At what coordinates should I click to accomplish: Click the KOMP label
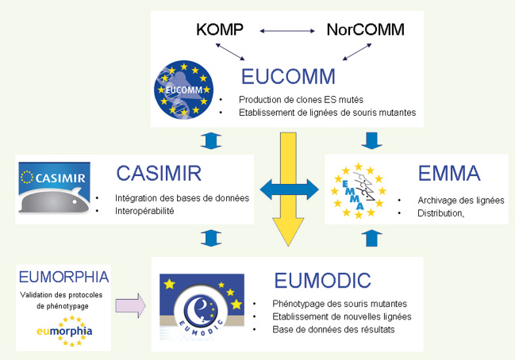220,29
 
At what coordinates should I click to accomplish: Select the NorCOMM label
366,29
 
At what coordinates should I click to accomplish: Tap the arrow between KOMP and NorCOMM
287,31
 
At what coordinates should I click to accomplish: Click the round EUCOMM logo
183,90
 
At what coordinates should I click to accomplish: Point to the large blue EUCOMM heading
288,76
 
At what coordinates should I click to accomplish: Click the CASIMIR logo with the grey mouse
54,188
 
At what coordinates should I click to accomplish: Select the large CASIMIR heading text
159,174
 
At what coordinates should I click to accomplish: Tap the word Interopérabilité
144,211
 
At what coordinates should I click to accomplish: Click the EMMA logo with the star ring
359,190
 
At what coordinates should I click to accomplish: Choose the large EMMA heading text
449,174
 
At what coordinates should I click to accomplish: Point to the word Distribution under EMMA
440,213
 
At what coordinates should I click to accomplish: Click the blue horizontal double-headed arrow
290,190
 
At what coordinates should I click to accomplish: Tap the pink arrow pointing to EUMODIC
130,305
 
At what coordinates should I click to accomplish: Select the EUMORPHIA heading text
63,277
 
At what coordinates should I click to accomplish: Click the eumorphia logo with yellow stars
64,331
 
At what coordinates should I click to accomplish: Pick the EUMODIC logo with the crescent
202,305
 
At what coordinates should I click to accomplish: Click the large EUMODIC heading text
322,280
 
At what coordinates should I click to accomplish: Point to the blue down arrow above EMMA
372,140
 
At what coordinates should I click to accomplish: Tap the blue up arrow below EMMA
371,238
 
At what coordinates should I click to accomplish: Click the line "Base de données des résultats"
333,330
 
